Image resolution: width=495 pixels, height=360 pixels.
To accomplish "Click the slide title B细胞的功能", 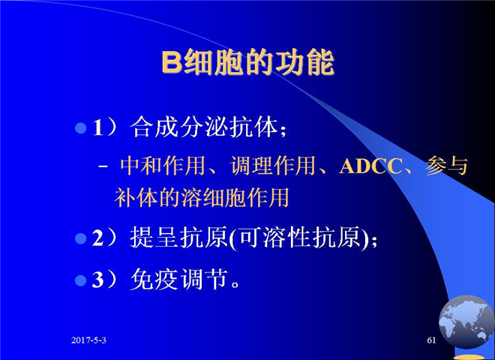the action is tap(247, 62).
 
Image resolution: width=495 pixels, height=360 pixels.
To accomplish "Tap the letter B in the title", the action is tap(172, 62).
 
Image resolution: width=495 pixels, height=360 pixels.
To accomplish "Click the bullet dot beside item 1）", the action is tap(81, 128).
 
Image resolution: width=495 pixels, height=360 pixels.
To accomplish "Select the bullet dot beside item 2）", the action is tap(81, 238).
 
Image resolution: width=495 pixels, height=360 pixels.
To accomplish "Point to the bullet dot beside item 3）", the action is tap(81, 280).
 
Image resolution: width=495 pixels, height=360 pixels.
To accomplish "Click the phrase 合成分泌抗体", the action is tap(204, 127).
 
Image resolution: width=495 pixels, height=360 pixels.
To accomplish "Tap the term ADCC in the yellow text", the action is tap(370, 166).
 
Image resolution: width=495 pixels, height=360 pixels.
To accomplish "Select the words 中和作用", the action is tap(163, 166).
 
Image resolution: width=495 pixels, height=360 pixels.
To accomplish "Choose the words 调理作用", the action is tap(273, 166).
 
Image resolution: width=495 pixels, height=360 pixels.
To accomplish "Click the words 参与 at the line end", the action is tap(446, 166).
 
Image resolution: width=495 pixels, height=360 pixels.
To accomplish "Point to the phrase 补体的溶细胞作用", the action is tap(202, 198).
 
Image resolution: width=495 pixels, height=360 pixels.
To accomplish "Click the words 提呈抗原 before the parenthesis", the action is tap(179, 238).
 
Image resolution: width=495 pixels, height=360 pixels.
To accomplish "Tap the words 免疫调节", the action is tap(179, 280).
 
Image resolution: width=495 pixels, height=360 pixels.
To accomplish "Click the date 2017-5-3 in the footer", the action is tap(88, 340).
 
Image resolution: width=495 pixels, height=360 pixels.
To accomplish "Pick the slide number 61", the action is tap(431, 340).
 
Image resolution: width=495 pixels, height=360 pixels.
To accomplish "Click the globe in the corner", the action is tap(466, 322).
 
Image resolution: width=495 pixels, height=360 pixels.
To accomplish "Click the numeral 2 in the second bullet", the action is tap(97, 238).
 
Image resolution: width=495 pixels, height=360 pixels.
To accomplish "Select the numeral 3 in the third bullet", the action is tap(97, 280).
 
